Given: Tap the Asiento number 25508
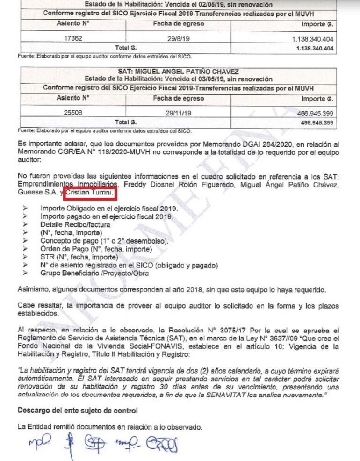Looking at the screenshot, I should coord(72,113).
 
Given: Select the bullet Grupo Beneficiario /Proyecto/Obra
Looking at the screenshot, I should coord(98,273).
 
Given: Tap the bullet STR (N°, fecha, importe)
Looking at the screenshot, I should coord(80,257).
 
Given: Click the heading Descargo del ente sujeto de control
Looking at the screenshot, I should coord(77,411).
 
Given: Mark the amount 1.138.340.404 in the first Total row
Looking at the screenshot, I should coord(315,48).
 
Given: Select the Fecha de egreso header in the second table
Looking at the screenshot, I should coord(178,98).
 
